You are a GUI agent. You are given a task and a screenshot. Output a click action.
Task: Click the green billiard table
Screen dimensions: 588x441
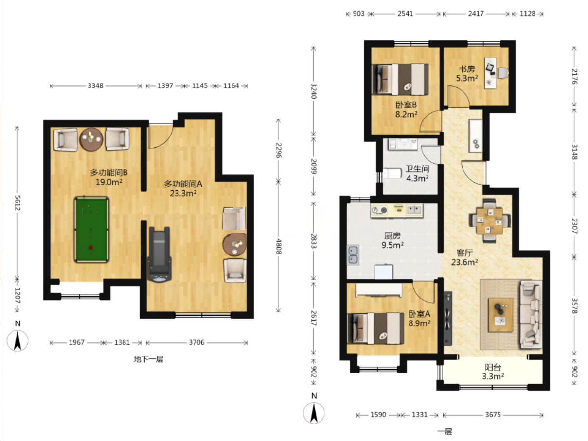point(91,230)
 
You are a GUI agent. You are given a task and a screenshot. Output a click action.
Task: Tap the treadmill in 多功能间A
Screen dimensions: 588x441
point(160,254)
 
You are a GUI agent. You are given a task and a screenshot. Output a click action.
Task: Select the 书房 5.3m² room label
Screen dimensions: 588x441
point(467,73)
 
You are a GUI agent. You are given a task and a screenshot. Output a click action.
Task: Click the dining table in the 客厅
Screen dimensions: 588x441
point(489,221)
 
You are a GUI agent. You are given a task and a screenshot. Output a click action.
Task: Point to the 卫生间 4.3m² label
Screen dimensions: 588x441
point(417,173)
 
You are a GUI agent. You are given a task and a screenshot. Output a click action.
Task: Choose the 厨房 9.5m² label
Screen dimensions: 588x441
point(392,240)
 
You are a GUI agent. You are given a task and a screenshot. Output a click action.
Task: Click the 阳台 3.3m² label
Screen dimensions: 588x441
point(493,372)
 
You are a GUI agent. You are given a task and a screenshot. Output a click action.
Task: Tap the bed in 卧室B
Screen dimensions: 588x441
point(400,79)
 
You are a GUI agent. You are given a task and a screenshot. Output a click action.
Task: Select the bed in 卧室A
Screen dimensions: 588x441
point(375,328)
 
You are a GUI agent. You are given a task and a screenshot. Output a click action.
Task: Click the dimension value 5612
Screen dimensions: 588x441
point(17,203)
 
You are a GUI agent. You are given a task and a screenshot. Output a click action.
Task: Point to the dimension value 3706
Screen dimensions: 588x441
point(196,342)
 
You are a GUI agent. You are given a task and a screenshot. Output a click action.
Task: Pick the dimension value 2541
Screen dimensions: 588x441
point(405,14)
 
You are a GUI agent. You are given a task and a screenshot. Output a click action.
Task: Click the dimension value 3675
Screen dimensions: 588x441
point(493,415)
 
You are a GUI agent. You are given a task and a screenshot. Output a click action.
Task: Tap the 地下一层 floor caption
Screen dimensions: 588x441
point(148,359)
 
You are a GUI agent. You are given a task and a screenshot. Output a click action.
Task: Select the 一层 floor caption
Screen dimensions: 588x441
point(445,431)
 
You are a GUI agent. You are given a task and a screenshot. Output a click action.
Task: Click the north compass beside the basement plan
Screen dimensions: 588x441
point(18,340)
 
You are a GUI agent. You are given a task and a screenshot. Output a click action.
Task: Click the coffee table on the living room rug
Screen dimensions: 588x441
point(500,315)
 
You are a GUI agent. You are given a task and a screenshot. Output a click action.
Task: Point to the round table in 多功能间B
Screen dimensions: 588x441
point(91,139)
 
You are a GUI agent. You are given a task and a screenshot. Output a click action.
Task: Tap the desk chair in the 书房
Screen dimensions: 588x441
point(503,73)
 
